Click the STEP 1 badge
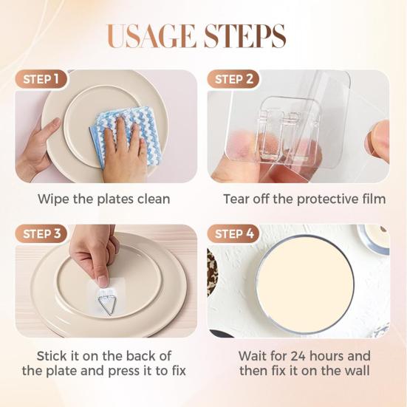click(x=41, y=79)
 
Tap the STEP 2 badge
click(x=233, y=79)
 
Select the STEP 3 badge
click(x=41, y=234)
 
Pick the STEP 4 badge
click(x=234, y=234)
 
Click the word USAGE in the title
click(x=151, y=36)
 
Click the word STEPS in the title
click(x=244, y=36)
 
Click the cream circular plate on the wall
click(x=306, y=284)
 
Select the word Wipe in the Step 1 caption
click(x=54, y=199)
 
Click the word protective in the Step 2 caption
click(x=327, y=199)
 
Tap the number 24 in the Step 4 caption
click(x=298, y=356)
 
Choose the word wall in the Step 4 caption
click(x=358, y=371)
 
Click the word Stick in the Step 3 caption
click(x=52, y=356)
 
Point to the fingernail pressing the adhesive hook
click(x=103, y=281)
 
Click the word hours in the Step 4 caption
click(x=327, y=356)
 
